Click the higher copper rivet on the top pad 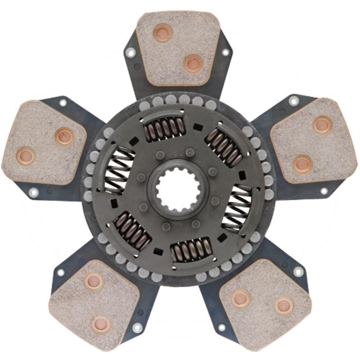162,32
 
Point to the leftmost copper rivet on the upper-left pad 25,156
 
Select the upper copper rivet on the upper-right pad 322,125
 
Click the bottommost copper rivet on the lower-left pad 100,324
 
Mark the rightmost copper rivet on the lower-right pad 284,306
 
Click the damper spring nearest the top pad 164,128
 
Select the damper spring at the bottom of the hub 191,249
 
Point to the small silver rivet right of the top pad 225,52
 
